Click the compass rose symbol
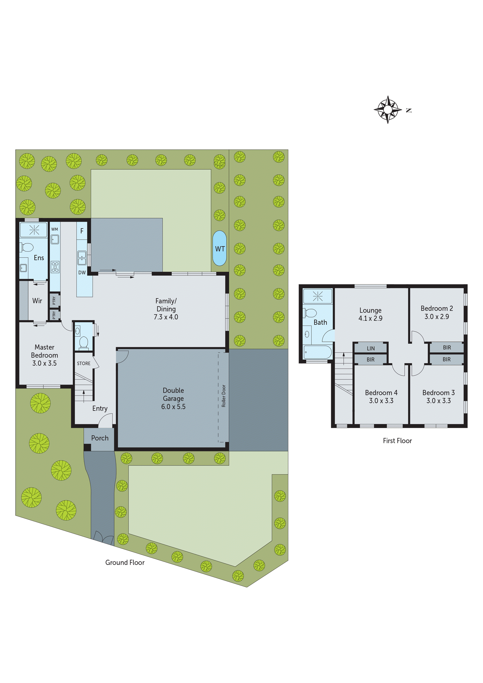click(388, 109)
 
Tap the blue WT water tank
click(220, 248)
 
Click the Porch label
click(100, 438)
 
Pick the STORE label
click(84, 364)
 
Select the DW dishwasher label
click(82, 273)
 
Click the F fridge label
click(82, 231)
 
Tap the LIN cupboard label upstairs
click(370, 348)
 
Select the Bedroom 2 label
click(437, 308)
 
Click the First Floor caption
click(397, 441)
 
